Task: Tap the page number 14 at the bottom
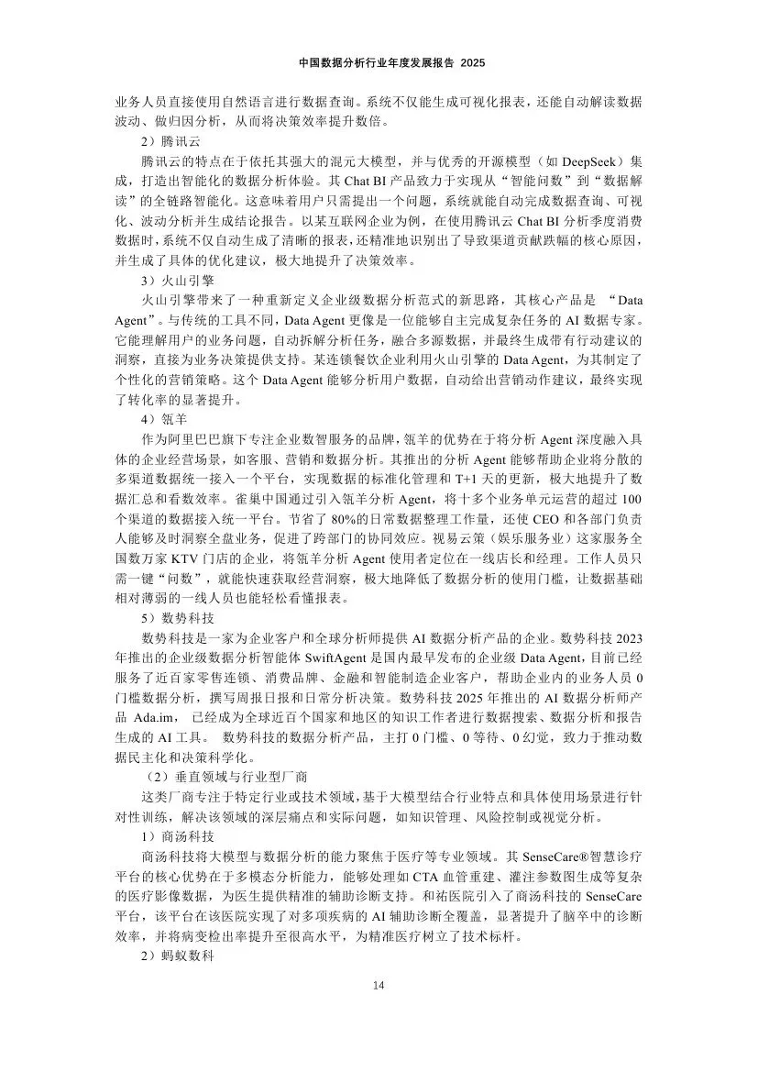(379, 985)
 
